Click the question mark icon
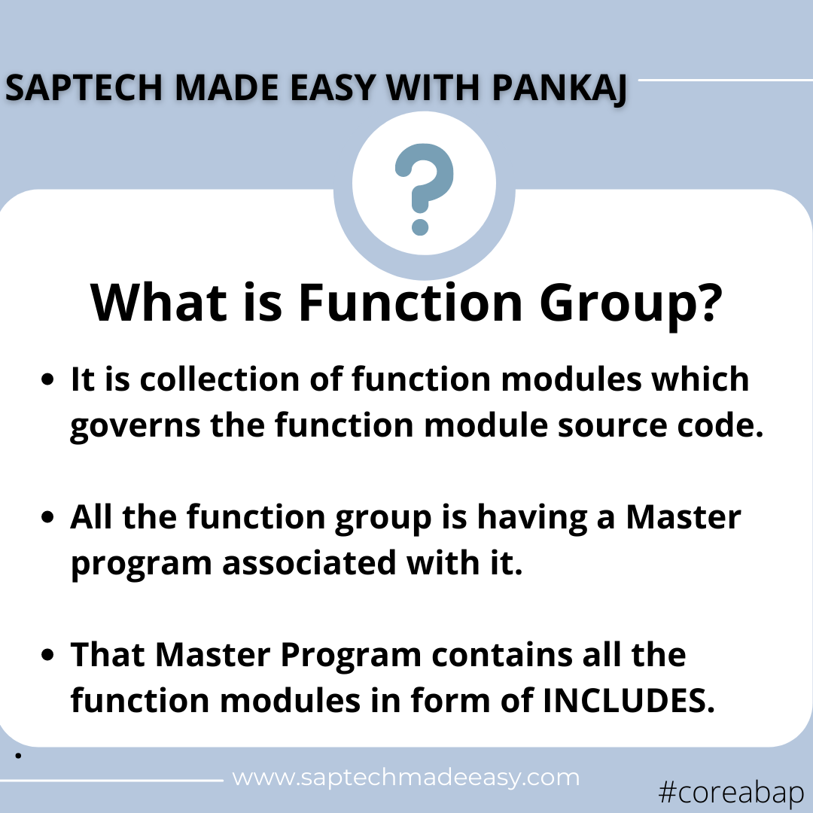[424, 188]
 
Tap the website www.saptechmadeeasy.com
[406, 777]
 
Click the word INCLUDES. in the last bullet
[628, 700]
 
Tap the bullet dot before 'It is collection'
[50, 381]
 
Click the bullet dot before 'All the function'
[50, 518]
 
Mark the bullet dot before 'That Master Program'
[50, 655]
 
